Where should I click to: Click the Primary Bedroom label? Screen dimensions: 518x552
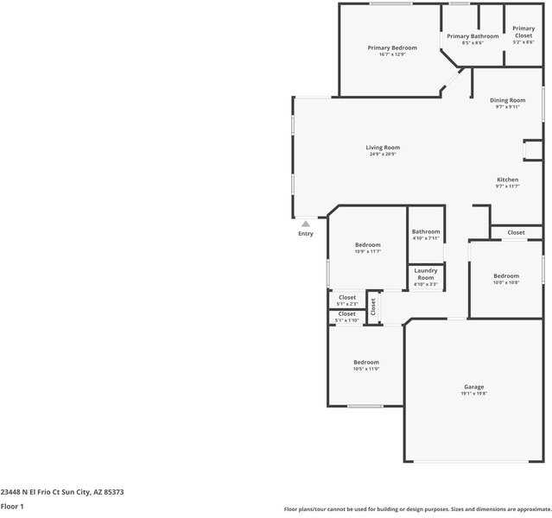click(x=392, y=47)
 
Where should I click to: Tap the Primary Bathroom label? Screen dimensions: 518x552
click(x=473, y=36)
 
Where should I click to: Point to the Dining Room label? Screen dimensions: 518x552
click(x=507, y=100)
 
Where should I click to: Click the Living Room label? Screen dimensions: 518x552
click(x=383, y=148)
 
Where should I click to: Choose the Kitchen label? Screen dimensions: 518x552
click(x=507, y=180)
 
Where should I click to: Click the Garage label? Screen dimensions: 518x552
click(x=473, y=387)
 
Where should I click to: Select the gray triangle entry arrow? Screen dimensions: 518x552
click(x=305, y=224)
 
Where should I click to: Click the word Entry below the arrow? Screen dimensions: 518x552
click(x=306, y=234)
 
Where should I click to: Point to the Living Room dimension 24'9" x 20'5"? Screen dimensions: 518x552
click(x=383, y=155)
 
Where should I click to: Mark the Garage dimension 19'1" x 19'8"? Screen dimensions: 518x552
click(x=473, y=394)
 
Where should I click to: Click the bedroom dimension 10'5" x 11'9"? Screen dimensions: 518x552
click(x=365, y=370)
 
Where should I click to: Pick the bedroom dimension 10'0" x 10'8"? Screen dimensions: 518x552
click(x=505, y=283)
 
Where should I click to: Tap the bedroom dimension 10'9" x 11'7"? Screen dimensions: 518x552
click(x=367, y=252)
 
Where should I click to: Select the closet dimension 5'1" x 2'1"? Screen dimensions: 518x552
click(x=346, y=304)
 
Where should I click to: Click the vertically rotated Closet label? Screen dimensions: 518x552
click(x=373, y=306)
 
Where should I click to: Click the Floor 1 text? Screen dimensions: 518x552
click(x=12, y=507)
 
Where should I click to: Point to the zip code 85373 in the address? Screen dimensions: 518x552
click(x=113, y=492)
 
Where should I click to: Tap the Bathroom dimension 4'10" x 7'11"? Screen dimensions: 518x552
click(x=426, y=238)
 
